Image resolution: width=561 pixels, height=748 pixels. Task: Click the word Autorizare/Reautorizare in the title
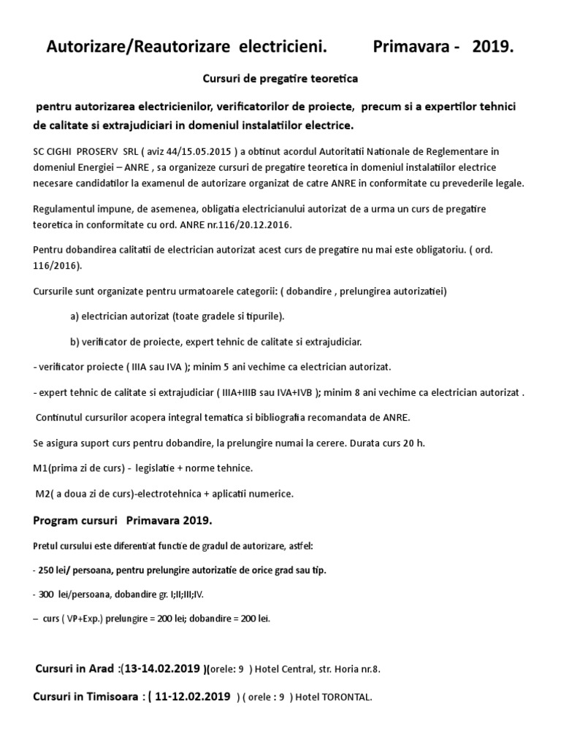coord(131,48)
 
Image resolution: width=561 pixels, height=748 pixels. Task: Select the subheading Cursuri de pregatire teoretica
coord(280,76)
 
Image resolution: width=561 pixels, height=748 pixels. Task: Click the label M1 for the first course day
coord(42,467)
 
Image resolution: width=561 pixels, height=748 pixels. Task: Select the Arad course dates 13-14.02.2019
coord(161,668)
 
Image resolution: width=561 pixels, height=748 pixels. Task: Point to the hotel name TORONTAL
coord(347,697)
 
